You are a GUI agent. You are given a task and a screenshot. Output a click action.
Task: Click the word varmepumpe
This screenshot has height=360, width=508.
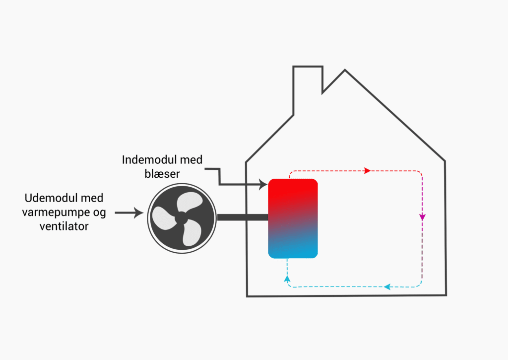[53, 213]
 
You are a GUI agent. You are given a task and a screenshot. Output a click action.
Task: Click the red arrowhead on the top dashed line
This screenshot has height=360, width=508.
[367, 171]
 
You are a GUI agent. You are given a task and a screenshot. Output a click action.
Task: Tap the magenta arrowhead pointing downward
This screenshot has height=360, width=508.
[422, 217]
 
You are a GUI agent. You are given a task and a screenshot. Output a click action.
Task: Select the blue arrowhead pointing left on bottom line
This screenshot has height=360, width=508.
[387, 287]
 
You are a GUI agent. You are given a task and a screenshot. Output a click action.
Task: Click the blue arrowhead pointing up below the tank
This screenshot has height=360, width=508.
[287, 279]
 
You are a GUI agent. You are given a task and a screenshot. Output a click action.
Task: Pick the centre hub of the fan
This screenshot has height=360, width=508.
[181, 217]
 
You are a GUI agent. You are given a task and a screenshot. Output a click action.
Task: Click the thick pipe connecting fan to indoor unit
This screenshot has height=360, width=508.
[242, 217]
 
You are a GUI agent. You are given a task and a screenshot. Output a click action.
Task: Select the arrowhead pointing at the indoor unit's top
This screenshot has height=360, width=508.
[263, 185]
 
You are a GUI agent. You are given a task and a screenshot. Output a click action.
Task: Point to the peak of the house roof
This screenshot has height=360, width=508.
[345, 71]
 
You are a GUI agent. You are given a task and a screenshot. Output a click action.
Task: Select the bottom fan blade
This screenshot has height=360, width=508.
[190, 234]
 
